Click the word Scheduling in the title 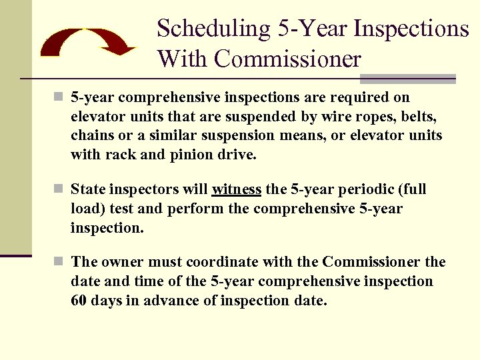212,29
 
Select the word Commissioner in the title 287,59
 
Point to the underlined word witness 237,189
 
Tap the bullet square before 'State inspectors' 59,189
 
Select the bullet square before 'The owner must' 59,262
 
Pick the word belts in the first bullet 417,117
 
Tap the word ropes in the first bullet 365,117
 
